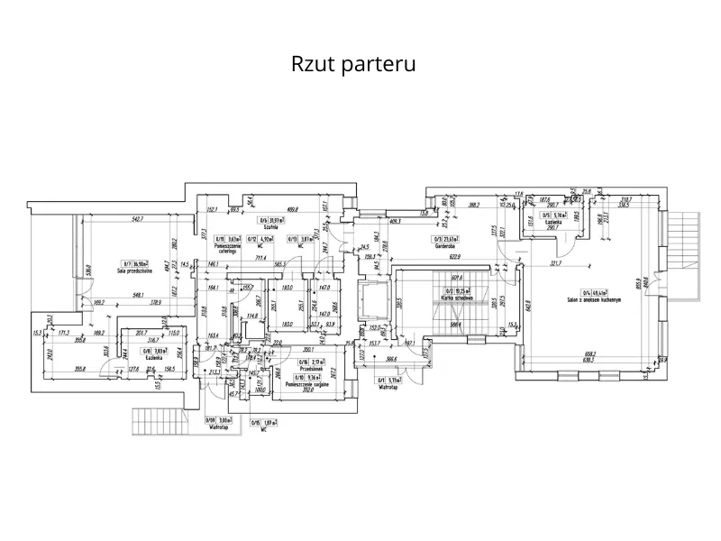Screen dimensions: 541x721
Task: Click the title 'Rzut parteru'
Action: click(x=352, y=66)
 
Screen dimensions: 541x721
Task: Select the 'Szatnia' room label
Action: click(x=268, y=227)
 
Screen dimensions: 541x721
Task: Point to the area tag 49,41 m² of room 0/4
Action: click(x=598, y=291)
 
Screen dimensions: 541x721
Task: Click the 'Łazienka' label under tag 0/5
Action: click(x=551, y=221)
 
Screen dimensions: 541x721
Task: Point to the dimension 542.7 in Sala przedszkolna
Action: click(x=138, y=219)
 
